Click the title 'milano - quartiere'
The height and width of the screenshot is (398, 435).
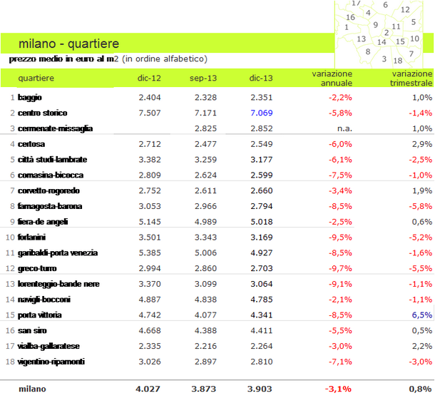(x=69, y=44)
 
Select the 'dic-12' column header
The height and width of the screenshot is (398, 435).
(x=148, y=77)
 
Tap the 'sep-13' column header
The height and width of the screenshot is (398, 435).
(x=203, y=77)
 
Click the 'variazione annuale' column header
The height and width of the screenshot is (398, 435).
(x=332, y=78)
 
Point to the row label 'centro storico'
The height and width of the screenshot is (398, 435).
(x=43, y=113)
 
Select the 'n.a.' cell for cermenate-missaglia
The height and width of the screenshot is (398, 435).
(x=342, y=128)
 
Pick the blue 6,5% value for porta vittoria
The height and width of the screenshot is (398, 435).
(x=421, y=315)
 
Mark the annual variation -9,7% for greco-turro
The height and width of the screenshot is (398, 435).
(x=339, y=268)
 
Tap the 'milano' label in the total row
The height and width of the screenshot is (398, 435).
(x=32, y=389)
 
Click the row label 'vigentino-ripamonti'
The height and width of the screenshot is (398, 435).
(x=52, y=362)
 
